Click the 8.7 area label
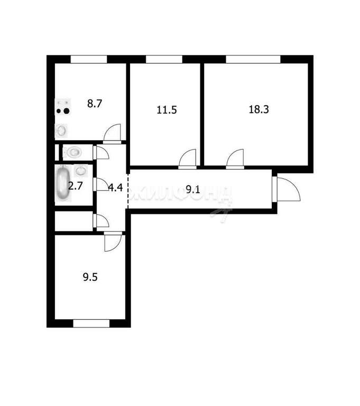coord(95,104)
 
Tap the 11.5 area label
coord(167,110)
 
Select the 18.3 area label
coord(259,109)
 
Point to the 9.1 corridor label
coord(193,190)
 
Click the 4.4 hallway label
coord(115,187)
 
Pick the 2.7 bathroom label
coord(75,186)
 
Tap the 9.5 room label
coord(90,277)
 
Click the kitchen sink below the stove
coord(61,130)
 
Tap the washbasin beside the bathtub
coord(80,171)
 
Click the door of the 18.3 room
coord(235,159)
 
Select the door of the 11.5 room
coord(188,159)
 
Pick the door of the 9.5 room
coord(113,242)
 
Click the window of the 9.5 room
coord(91,324)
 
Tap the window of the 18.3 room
coord(253,59)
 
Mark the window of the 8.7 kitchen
coord(89,59)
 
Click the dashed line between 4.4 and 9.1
coord(128,191)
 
